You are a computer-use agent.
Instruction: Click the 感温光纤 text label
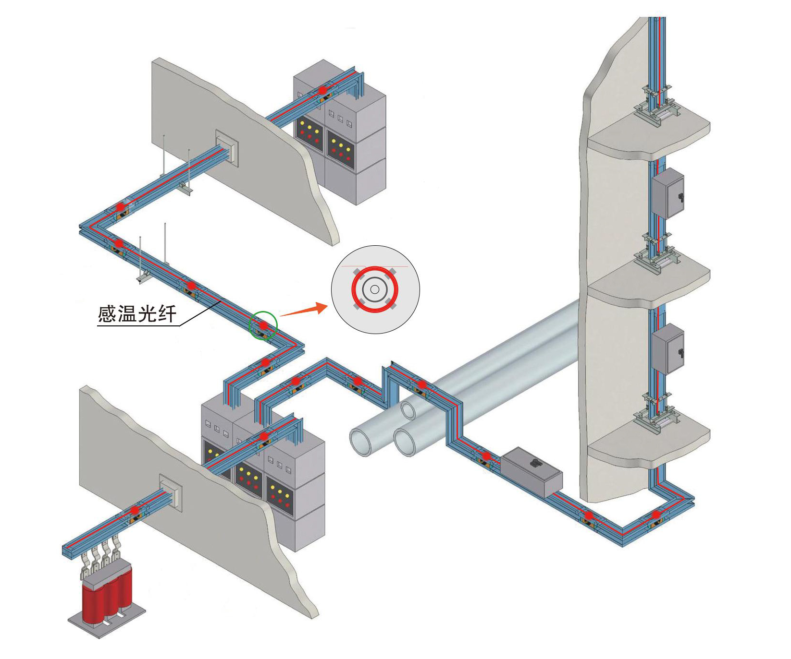[x=137, y=314]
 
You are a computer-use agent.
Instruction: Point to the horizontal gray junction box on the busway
[x=532, y=472]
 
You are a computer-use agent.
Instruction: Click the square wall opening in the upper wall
[x=227, y=147]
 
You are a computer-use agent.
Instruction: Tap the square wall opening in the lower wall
[x=171, y=491]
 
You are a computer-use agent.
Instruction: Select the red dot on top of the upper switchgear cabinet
[x=322, y=89]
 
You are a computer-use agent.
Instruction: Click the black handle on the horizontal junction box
[x=535, y=463]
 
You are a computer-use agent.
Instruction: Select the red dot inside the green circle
[x=263, y=325]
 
